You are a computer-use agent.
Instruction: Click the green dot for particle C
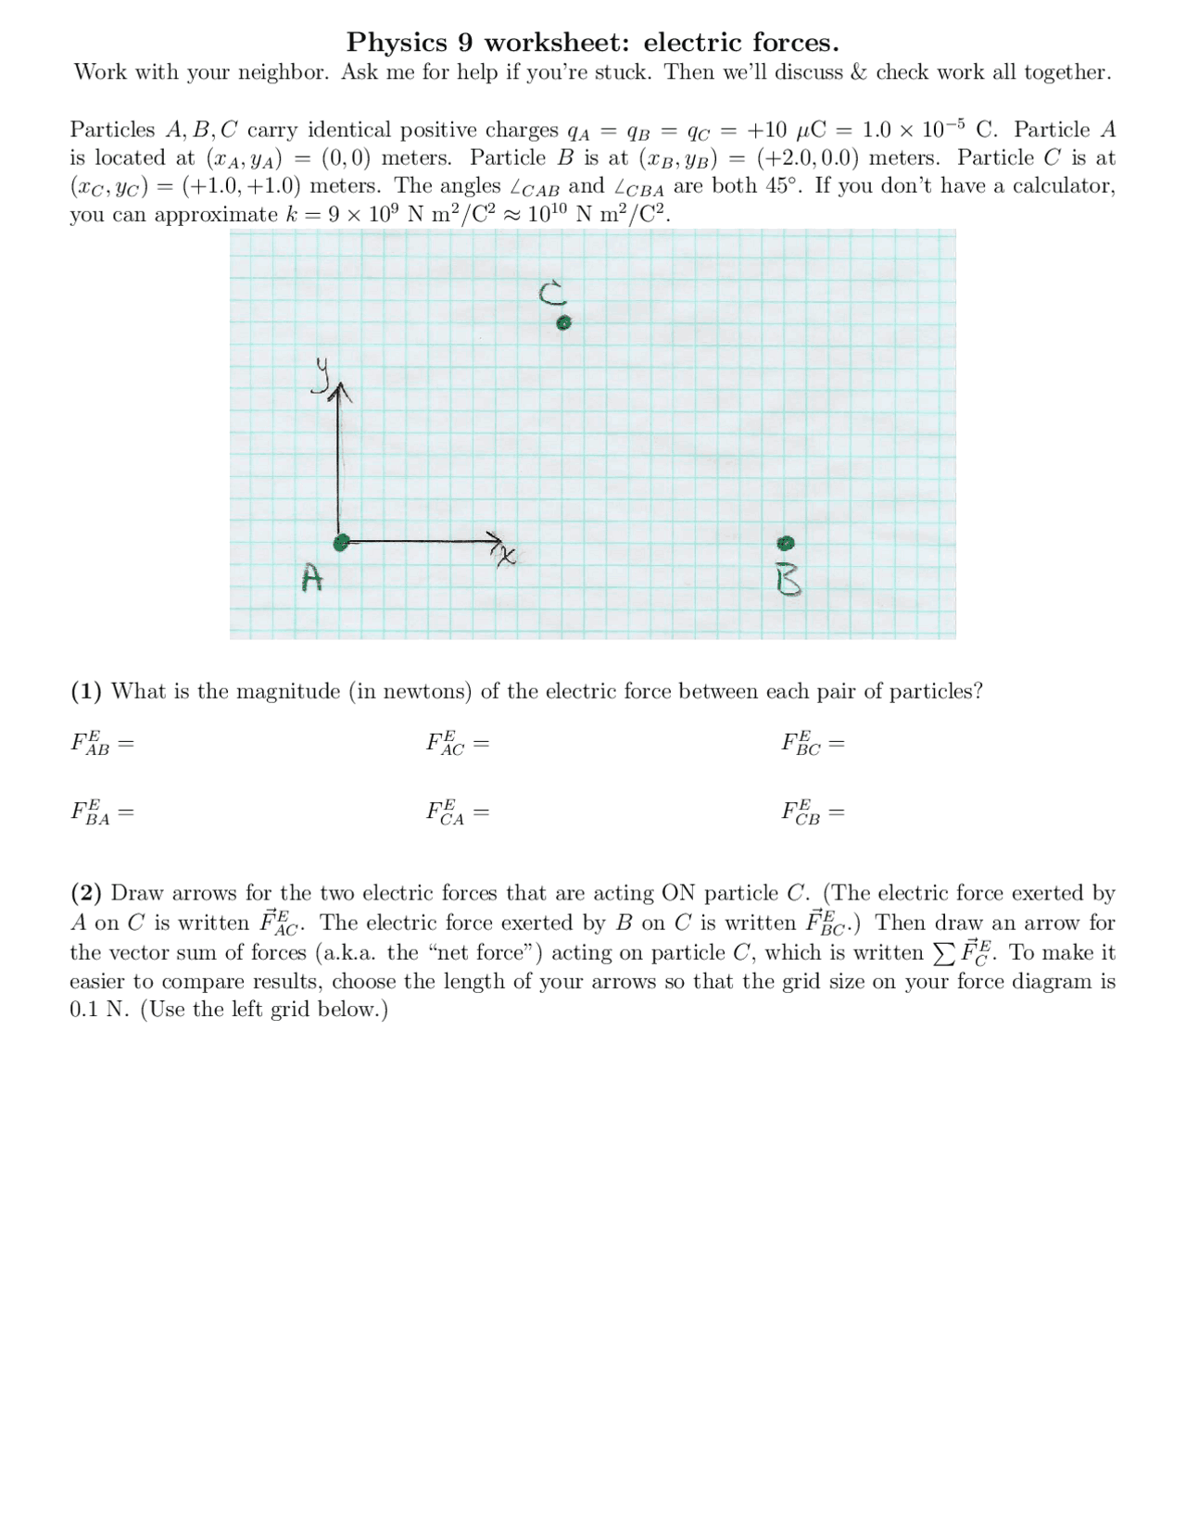[x=563, y=323]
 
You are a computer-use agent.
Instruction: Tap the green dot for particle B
[x=787, y=542]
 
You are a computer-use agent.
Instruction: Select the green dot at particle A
[x=341, y=543]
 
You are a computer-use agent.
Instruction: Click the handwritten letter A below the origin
[x=312, y=579]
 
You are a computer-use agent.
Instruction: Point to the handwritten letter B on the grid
[x=788, y=581]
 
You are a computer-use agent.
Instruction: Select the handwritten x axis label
[x=506, y=556]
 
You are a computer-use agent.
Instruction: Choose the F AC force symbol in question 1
[x=447, y=743]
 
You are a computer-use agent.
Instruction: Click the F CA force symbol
[x=447, y=813]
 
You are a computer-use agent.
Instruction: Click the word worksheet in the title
[x=559, y=43]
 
